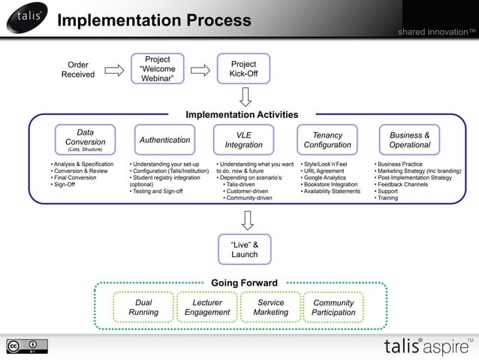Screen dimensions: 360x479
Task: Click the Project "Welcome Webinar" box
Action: (158, 69)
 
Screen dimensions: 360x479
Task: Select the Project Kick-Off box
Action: (243, 70)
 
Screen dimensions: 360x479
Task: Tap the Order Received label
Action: (78, 70)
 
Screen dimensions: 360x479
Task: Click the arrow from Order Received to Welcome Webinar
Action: (114, 70)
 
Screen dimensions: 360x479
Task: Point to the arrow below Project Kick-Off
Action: (245, 97)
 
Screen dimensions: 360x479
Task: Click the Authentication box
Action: (165, 140)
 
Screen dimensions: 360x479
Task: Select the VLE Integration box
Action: (244, 140)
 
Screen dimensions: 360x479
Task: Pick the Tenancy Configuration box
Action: (327, 140)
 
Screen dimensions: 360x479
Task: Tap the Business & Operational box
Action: (410, 140)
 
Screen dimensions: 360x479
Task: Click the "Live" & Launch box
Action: (245, 250)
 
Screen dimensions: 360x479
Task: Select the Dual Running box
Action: (143, 307)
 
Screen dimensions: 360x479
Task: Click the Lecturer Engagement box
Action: (207, 307)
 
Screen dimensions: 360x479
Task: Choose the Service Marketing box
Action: (270, 307)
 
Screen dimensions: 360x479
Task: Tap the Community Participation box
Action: (334, 307)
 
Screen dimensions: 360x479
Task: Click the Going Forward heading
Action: (244, 283)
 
